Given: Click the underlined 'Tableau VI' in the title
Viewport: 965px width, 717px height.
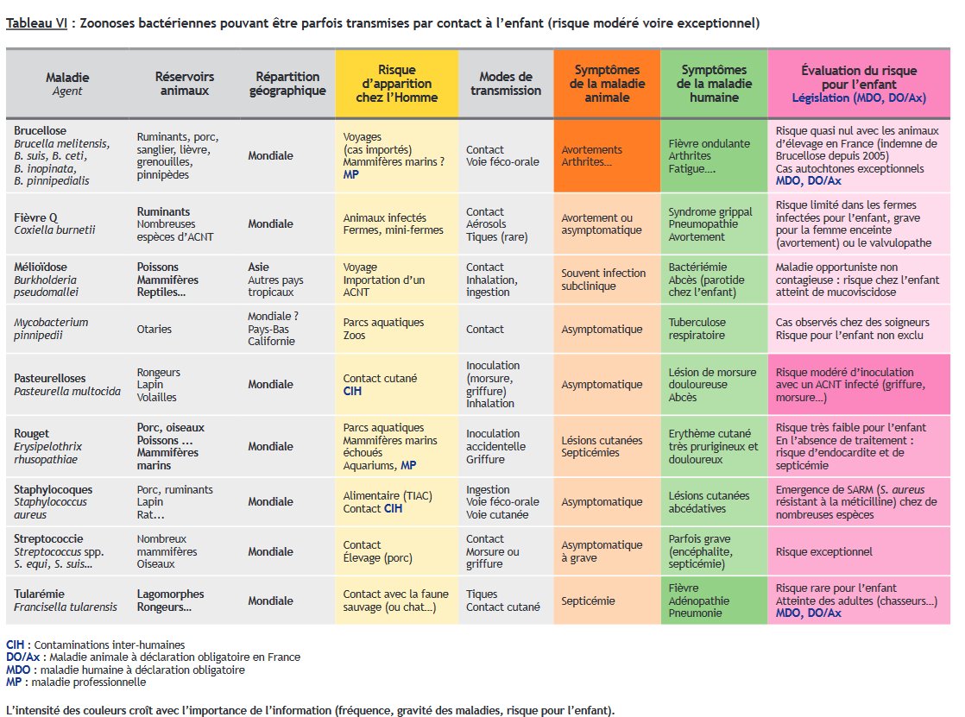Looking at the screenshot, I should tap(35, 22).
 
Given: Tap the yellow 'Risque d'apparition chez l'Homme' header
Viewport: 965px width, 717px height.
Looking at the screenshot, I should tap(396, 84).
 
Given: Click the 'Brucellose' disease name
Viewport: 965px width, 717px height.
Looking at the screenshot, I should tap(40, 131).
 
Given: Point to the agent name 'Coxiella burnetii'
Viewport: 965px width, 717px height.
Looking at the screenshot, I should tap(54, 230).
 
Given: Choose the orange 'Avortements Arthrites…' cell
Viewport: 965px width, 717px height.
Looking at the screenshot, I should tap(591, 155).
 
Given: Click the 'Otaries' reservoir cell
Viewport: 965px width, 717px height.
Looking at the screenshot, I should tap(155, 329).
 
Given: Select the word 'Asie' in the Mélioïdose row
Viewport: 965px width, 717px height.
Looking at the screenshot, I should tap(260, 267).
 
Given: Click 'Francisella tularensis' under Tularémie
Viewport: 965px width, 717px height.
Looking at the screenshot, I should tap(66, 607).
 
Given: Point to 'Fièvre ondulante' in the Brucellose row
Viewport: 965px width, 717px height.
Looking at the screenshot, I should tap(710, 143).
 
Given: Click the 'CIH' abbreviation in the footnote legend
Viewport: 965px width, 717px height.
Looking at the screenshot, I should tap(16, 645).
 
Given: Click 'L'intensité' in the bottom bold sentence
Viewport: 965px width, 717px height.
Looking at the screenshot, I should tap(35, 711).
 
